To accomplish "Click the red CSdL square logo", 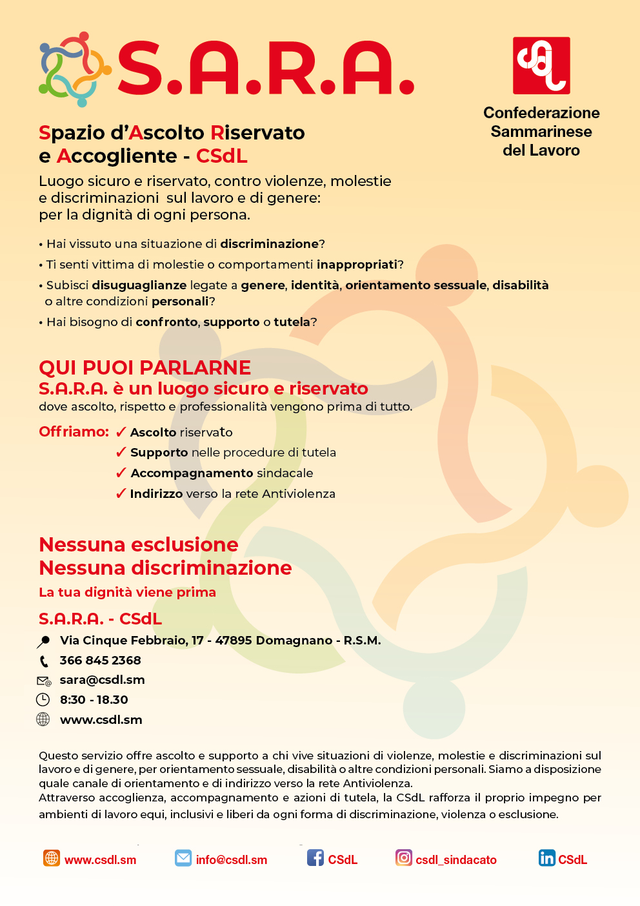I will (x=541, y=65).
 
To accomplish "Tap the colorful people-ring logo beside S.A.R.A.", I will (x=74, y=69).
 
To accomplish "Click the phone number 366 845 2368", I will (x=100, y=660).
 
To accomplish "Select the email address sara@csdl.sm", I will (x=102, y=679).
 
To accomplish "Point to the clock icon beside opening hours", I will (x=43, y=699).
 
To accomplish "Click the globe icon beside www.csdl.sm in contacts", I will (x=43, y=719).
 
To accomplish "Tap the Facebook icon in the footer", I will (x=315, y=858).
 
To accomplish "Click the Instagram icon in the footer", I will (x=404, y=858).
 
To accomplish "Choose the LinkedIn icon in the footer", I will (x=546, y=858).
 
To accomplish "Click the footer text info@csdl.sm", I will (x=231, y=860).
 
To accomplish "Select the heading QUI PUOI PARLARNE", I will (x=145, y=367).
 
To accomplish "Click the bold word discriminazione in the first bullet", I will (x=269, y=244).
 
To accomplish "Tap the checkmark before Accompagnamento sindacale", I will (x=121, y=473).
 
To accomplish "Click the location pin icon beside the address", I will (x=43, y=641).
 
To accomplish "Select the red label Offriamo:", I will (x=74, y=431).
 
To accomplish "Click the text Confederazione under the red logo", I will (x=541, y=113).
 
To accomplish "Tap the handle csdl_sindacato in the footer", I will (x=455, y=860).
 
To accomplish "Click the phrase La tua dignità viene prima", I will (x=127, y=592).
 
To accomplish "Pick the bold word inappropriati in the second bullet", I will (x=357, y=265).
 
